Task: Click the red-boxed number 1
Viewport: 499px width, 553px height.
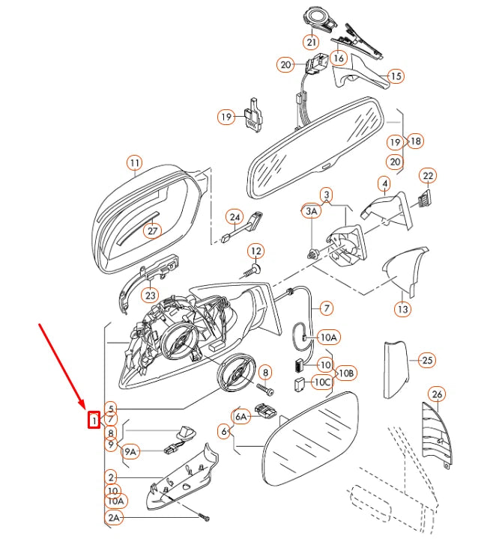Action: [94, 420]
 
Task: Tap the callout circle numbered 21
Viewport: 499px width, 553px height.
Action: [311, 43]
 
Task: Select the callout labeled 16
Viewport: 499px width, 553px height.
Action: [339, 58]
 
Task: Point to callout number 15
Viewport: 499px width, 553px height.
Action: [396, 76]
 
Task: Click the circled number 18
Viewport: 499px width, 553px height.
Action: [416, 141]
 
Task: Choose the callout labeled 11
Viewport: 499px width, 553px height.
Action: [135, 163]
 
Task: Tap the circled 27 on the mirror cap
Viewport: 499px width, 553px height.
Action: [152, 231]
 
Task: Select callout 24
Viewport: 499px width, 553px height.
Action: [235, 217]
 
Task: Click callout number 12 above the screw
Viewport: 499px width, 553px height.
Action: [256, 251]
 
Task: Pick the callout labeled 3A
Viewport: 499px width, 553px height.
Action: [311, 211]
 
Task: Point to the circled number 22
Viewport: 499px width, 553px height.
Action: [428, 176]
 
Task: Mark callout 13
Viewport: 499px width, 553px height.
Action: [402, 309]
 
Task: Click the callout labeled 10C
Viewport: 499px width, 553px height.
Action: [322, 382]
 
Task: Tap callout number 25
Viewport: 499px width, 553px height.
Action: [427, 360]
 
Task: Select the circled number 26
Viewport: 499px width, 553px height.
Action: [438, 394]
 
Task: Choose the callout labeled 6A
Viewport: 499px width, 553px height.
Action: [241, 417]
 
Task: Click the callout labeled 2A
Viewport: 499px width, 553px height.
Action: [114, 518]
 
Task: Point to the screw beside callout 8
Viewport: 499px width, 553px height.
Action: [265, 389]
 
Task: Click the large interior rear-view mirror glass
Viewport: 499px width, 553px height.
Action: [315, 147]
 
